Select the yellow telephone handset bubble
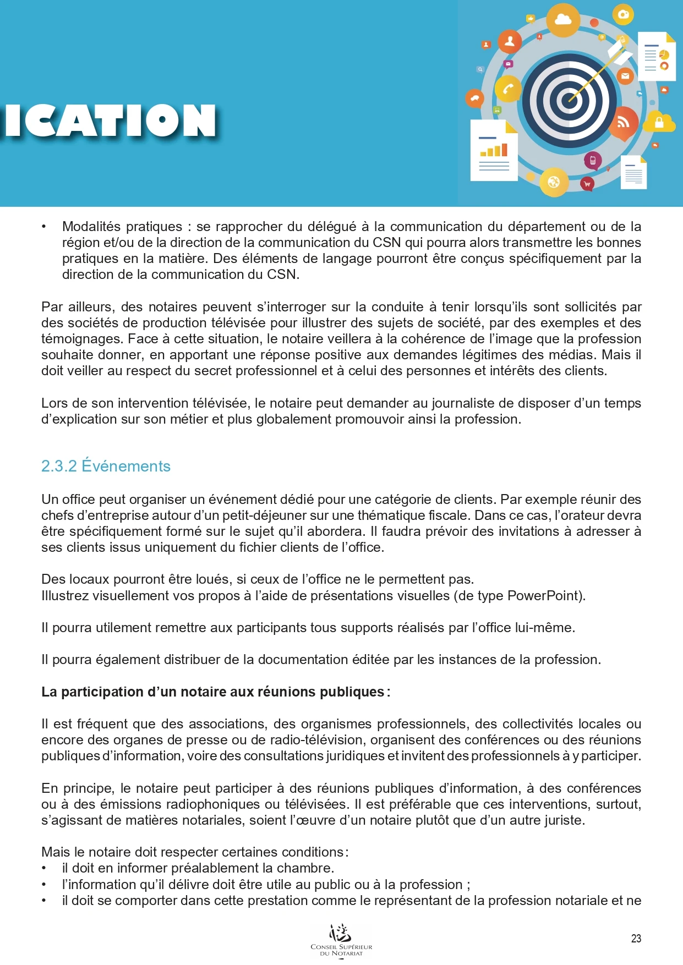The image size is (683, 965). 507,89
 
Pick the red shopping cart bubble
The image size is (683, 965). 587,184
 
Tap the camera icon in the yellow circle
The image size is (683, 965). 623,14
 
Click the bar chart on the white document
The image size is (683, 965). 494,150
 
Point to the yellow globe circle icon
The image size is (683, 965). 554,182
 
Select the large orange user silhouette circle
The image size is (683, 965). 510,41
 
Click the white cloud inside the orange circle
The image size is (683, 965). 563,20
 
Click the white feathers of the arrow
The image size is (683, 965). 619,54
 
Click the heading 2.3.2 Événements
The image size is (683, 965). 106,466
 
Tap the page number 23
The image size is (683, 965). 636,939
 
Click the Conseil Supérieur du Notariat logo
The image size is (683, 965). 341,941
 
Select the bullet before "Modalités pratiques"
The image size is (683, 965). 44,227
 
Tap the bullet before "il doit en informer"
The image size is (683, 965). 44,868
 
